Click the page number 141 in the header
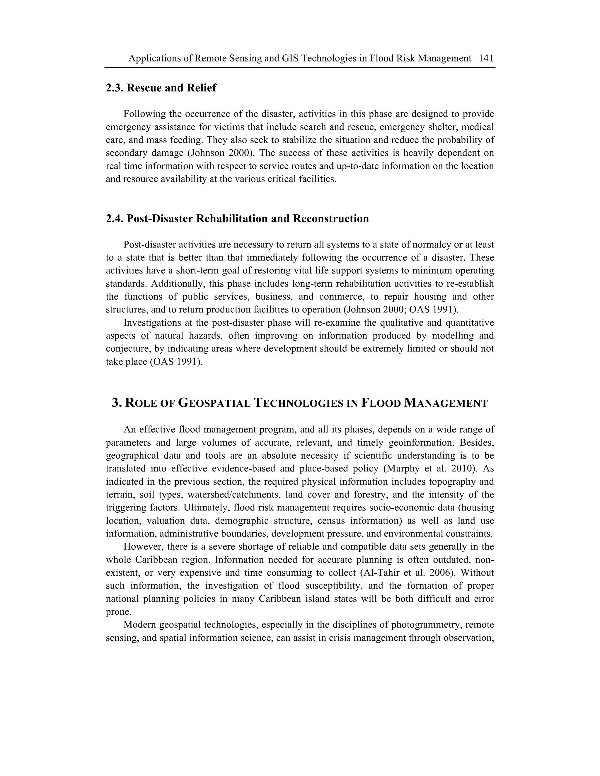coord(486,58)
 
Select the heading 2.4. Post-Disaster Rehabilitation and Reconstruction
coord(237,218)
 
